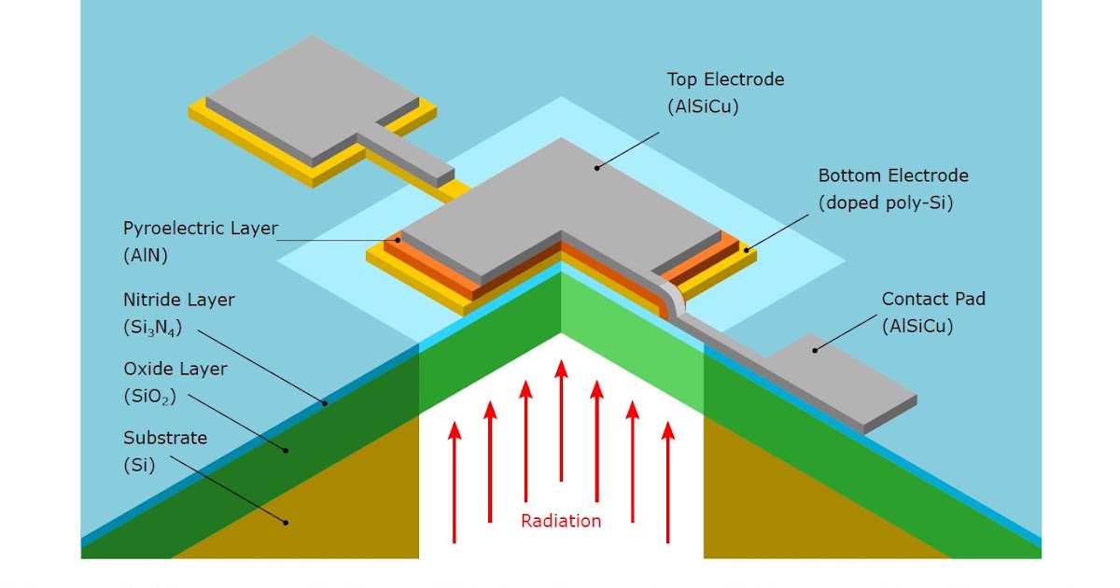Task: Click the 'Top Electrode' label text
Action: [725, 80]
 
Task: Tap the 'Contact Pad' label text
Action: [933, 300]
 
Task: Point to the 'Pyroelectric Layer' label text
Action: [201, 229]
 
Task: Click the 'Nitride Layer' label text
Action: [179, 301]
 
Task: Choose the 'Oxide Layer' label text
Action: [175, 369]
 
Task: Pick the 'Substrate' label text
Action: [165, 438]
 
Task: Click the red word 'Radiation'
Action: [561, 521]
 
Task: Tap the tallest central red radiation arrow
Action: [561, 420]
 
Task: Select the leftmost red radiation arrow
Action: [455, 481]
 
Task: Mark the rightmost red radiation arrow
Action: [667, 481]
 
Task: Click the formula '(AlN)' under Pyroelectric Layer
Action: [143, 254]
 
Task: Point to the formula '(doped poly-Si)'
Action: [885, 203]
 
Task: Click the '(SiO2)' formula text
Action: [148, 396]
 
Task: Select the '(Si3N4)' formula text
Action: [151, 328]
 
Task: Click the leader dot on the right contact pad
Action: [815, 350]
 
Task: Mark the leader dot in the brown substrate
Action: [287, 522]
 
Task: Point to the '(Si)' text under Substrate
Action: [138, 464]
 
